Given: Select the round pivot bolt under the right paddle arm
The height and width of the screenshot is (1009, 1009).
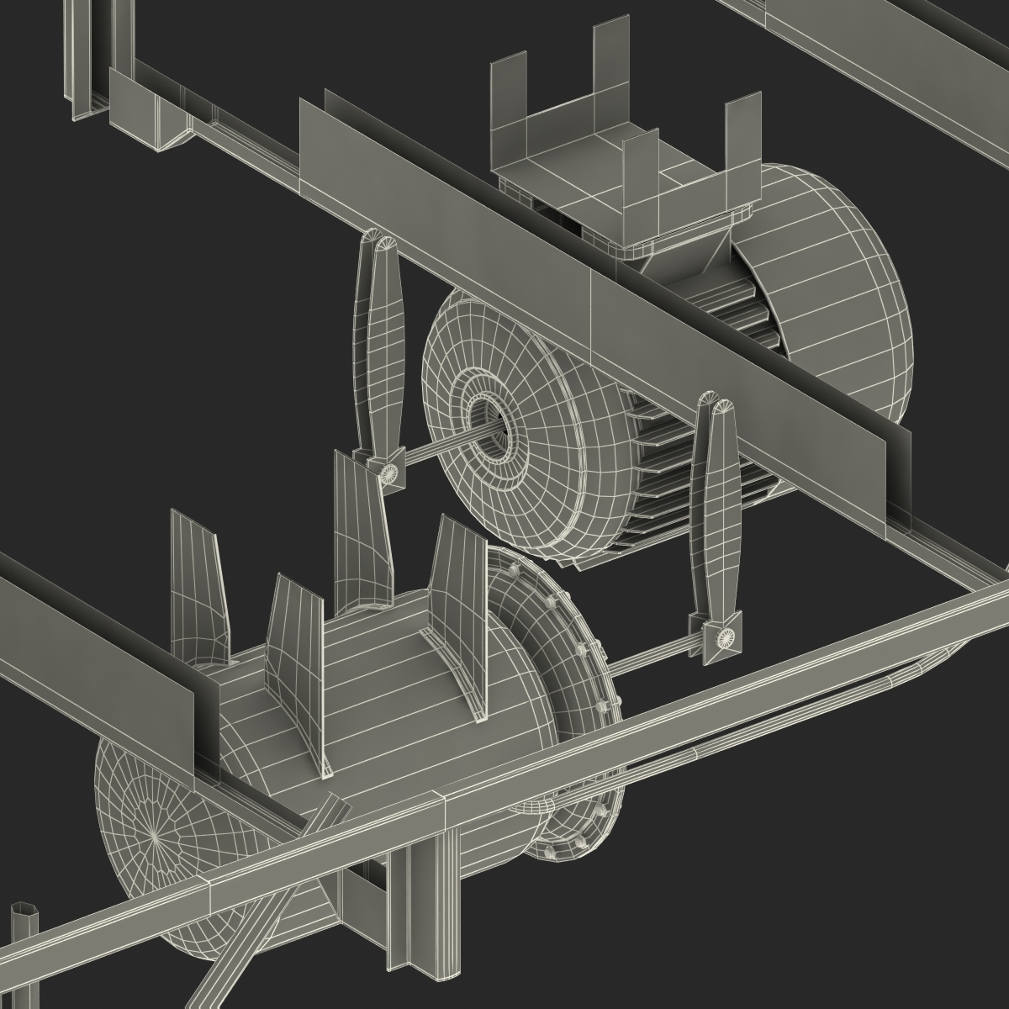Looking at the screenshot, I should click(x=722, y=639).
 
